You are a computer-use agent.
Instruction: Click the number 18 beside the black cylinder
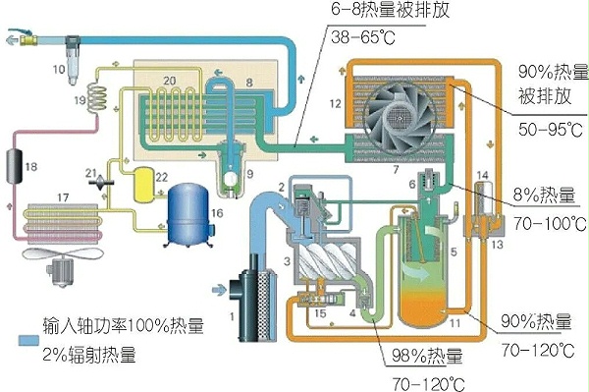pos(31,168)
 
